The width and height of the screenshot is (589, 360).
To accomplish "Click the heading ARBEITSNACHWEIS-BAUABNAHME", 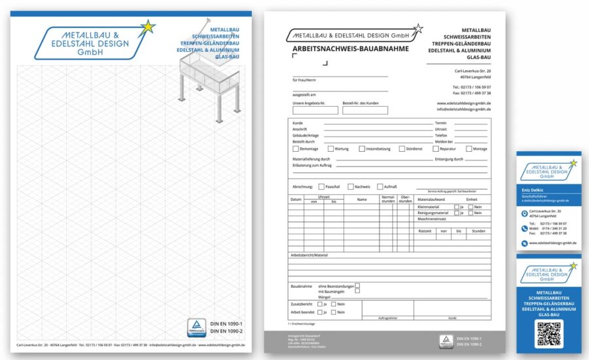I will point(350,48).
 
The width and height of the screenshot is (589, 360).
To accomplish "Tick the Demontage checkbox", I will point(296,149).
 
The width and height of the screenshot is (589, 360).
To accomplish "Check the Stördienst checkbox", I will point(402,149).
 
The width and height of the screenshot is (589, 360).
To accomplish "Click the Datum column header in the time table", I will point(296,199).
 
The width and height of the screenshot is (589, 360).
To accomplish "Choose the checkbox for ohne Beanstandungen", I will point(357,286).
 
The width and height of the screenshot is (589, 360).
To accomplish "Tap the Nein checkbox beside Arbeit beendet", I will point(333,312).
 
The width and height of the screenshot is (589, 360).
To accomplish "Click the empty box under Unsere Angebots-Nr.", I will point(315,111).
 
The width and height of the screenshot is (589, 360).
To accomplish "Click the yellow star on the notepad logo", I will point(149,27).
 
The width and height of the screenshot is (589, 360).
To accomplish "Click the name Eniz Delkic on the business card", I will point(533,189).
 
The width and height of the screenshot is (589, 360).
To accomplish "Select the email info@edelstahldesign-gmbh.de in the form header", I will point(464,109).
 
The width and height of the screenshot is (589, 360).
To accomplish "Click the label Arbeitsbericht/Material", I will point(310,255).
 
